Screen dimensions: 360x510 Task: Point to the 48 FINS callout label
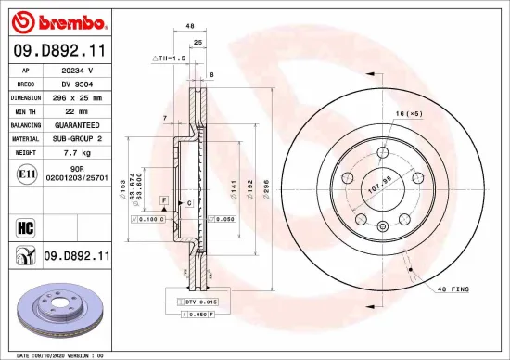453,289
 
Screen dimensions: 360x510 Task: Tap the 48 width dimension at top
189,27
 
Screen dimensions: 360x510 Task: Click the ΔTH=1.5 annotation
170,58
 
